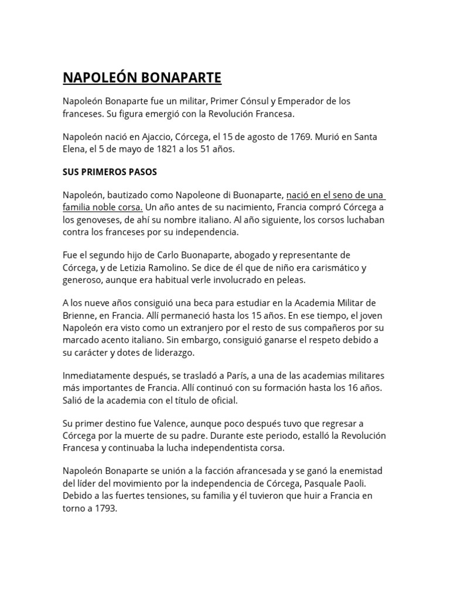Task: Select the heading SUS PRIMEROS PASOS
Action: [x=110, y=173]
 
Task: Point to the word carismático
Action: [x=331, y=268]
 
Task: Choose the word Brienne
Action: [x=80, y=315]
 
